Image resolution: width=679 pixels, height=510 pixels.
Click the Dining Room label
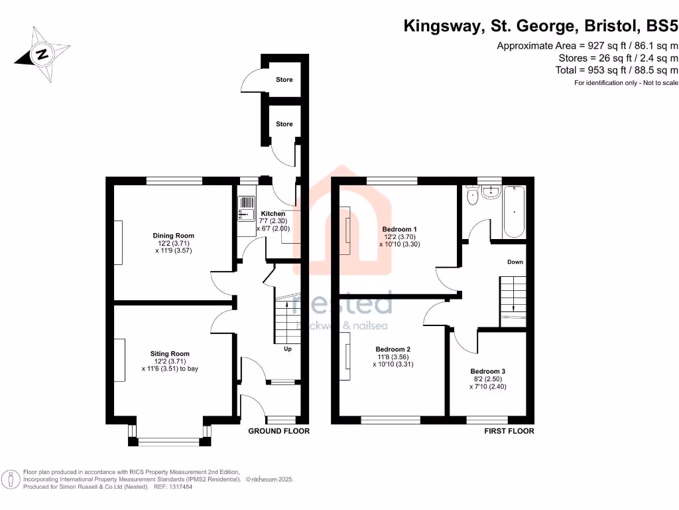coord(173,236)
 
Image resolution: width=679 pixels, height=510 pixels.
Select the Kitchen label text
coord(273,214)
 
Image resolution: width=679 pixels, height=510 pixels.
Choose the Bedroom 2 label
coord(393,349)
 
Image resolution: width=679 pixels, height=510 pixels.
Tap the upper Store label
coord(284,80)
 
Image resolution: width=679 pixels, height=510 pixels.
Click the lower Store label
coord(284,124)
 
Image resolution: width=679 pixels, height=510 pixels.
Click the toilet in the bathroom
coord(473,195)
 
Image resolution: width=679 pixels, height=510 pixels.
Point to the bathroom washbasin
coord(491,192)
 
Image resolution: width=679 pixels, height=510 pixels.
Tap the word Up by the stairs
coord(288,349)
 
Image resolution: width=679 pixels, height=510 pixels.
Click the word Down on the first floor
coord(515,262)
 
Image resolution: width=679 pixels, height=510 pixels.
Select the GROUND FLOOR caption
coord(278,431)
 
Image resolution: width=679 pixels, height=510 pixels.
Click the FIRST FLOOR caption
coord(509,431)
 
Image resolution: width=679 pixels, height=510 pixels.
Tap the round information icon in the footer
coord(11,479)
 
